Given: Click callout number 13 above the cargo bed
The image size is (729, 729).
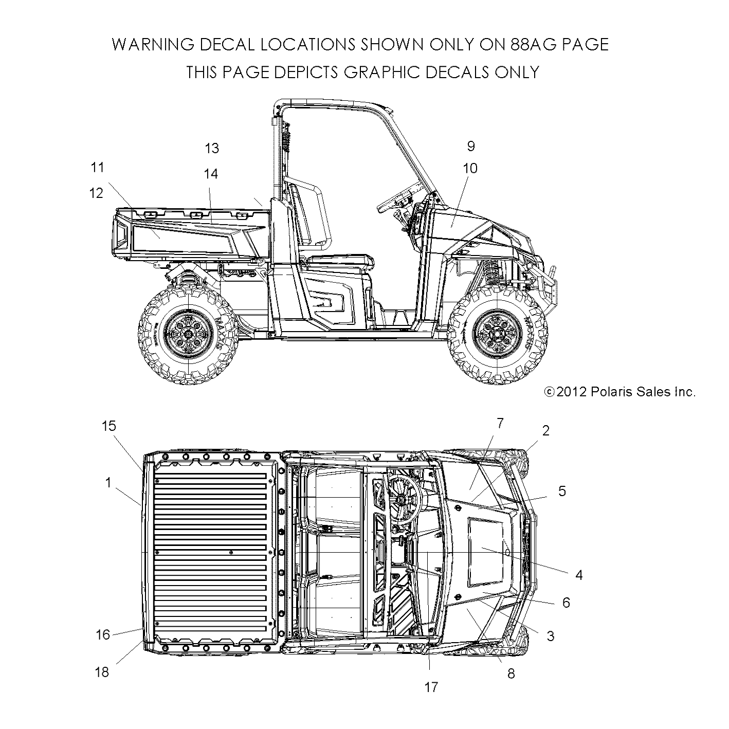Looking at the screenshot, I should [x=212, y=149].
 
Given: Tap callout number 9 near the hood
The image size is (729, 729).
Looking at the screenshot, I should [x=471, y=146].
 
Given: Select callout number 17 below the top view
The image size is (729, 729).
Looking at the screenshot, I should [x=431, y=687].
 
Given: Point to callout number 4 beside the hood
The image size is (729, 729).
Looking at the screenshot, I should [x=579, y=575].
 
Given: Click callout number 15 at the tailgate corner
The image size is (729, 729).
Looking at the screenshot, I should [x=109, y=426].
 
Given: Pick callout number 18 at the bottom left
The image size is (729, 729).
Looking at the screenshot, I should [x=102, y=671].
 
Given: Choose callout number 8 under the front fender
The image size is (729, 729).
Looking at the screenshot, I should [x=511, y=673].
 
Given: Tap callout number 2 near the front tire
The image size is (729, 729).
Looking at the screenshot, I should [x=546, y=431].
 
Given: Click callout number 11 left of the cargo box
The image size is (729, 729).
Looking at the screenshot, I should [x=98, y=168].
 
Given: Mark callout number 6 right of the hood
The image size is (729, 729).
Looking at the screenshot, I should [x=566, y=602].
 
